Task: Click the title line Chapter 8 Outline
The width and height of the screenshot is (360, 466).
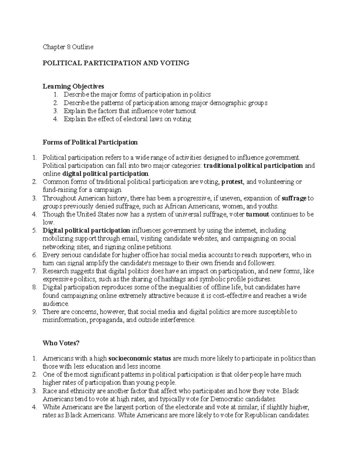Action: (x=68, y=47)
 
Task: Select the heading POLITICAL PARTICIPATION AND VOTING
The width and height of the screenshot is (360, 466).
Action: (x=116, y=63)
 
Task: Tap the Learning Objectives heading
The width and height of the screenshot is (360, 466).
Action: (x=73, y=86)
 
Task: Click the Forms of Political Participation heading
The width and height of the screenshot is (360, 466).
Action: (x=90, y=142)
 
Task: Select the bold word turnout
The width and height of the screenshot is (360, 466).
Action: (x=257, y=214)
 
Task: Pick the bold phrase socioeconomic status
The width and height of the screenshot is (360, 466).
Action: (x=139, y=358)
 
